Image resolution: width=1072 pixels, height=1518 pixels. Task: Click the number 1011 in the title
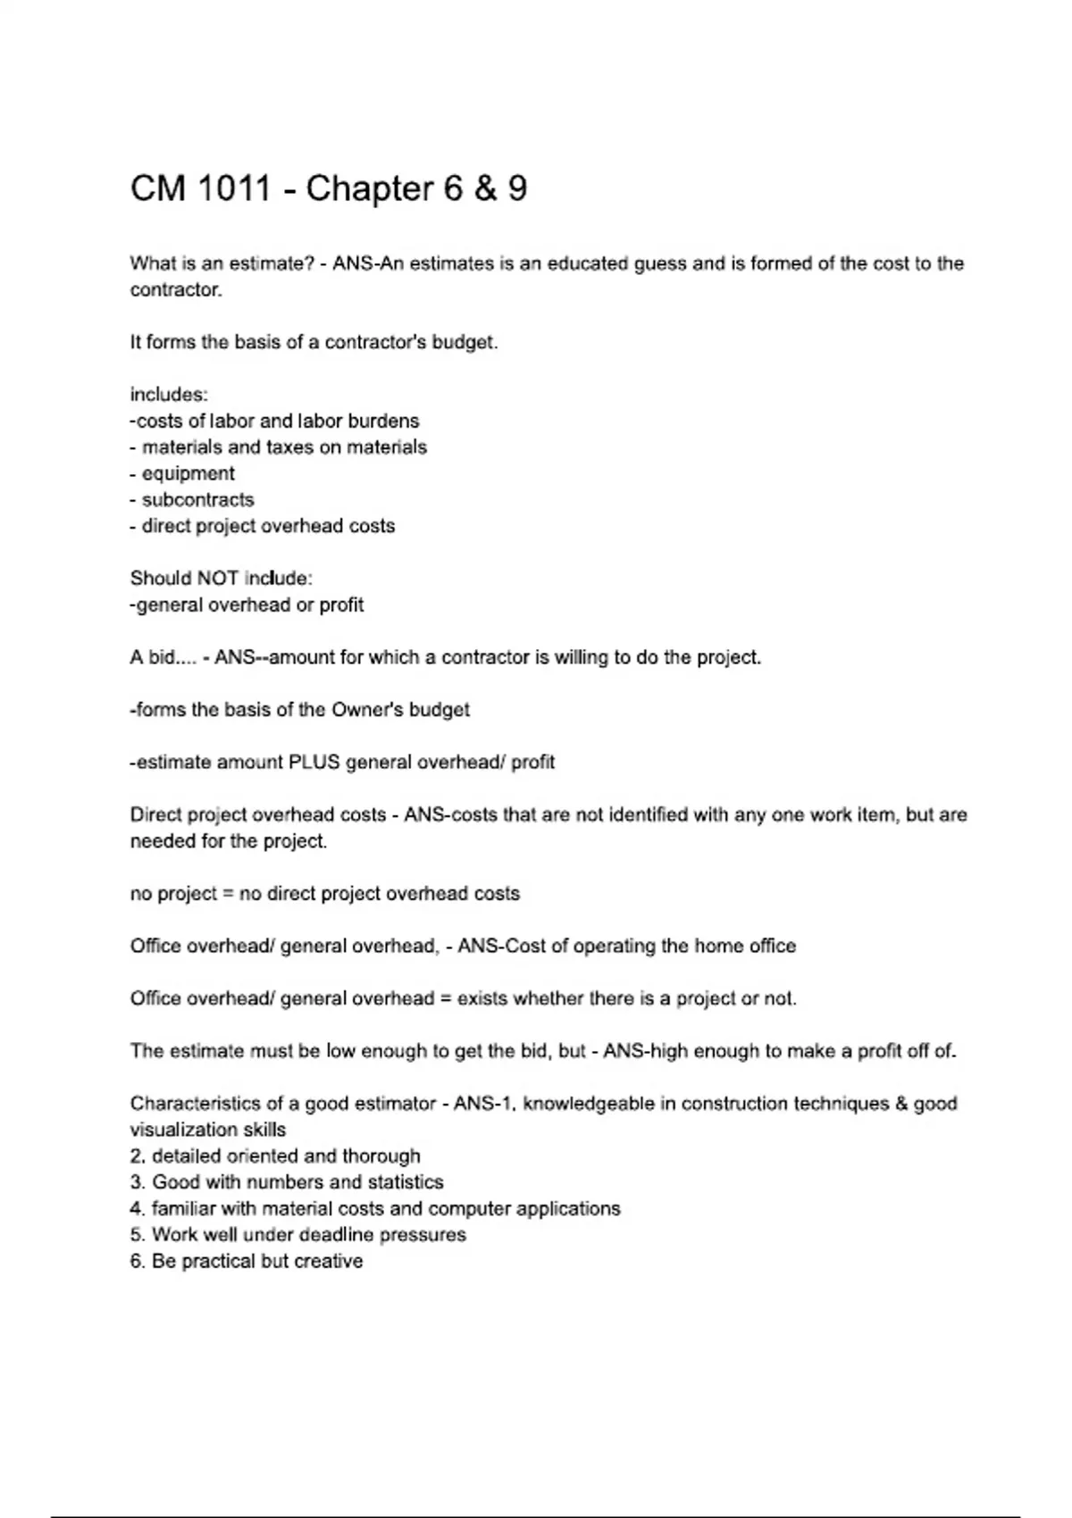click(x=234, y=188)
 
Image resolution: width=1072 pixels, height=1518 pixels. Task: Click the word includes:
click(x=169, y=395)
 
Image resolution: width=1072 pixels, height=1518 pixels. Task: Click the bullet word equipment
click(x=188, y=473)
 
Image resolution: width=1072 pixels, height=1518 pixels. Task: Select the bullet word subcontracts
click(x=197, y=500)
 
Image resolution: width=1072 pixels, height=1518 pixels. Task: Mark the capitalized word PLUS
click(x=314, y=763)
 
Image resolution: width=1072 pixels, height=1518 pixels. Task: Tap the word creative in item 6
click(x=329, y=1262)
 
